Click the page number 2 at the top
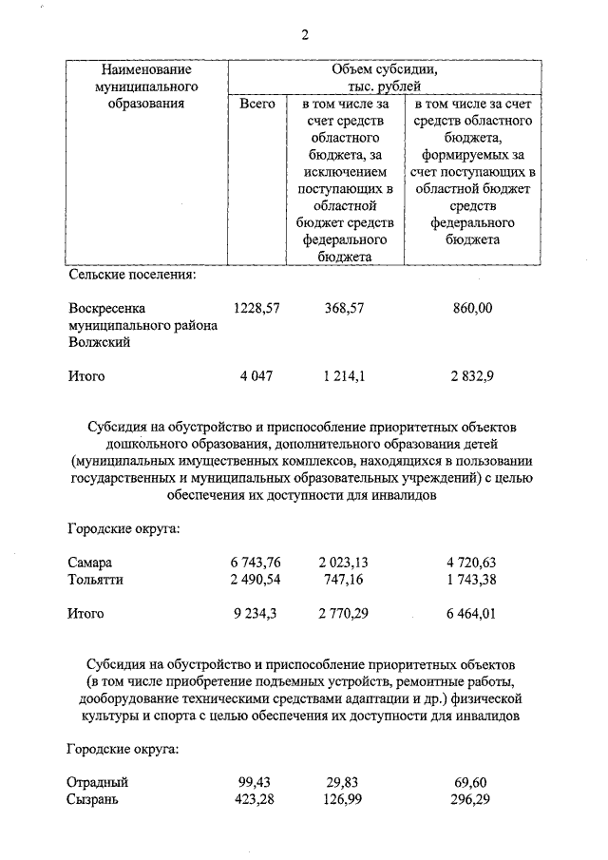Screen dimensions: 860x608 (x=304, y=36)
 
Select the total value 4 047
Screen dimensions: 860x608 (x=256, y=376)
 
